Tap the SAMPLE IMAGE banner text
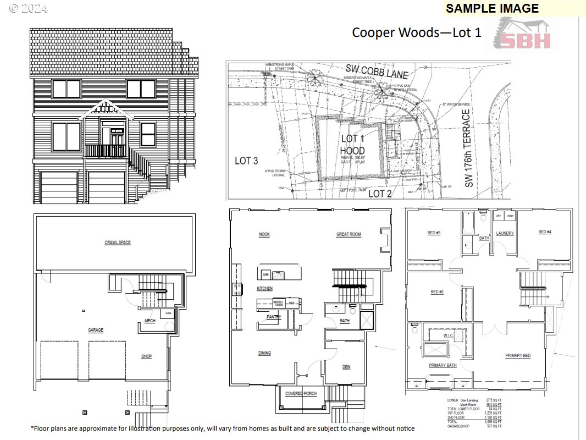coord(492,8)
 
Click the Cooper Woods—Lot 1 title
coord(416,32)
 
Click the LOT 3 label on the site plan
coord(246,161)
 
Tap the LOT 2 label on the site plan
coord(379,194)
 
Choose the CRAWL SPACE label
coord(118,243)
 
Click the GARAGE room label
coord(96,330)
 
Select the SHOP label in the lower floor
coord(146,356)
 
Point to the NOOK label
coord(264,235)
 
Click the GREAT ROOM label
coord(349,235)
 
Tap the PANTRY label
coord(274,317)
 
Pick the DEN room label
coord(346,367)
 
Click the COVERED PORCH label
coord(300,394)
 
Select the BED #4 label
coord(544,232)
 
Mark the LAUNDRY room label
coord(505,233)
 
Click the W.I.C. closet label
coord(448,335)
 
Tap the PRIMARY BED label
coord(518,356)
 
